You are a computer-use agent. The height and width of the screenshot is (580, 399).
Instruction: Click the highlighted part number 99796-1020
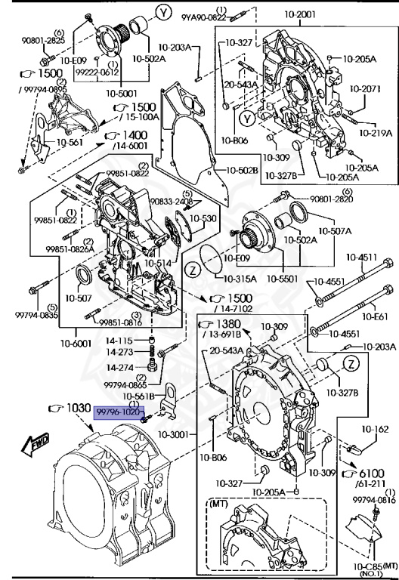(116, 412)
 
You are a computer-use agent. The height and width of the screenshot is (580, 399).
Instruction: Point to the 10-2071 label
(365, 88)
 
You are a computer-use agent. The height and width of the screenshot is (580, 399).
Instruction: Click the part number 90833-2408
(170, 202)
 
